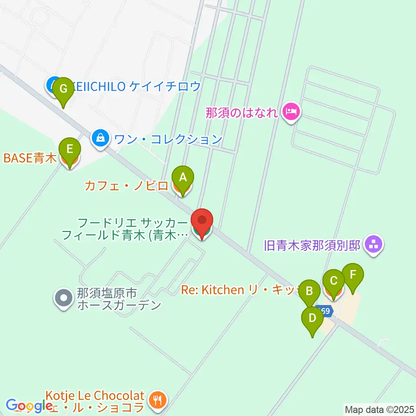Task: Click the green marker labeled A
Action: pyautogui.click(x=183, y=178)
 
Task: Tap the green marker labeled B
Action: pyautogui.click(x=309, y=291)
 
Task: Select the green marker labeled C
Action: pyautogui.click(x=334, y=281)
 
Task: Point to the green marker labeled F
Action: pyautogui.click(x=353, y=275)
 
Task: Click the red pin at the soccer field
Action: pyautogui.click(x=202, y=221)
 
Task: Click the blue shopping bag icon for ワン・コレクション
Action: pyautogui.click(x=101, y=138)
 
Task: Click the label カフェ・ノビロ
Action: pyautogui.click(x=126, y=187)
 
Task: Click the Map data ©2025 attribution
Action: pyautogui.click(x=380, y=409)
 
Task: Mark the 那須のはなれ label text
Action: pyautogui.click(x=241, y=113)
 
